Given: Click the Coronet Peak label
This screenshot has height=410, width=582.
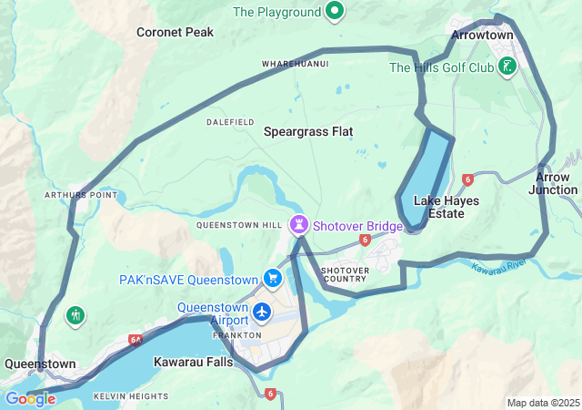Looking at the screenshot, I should click(x=175, y=32).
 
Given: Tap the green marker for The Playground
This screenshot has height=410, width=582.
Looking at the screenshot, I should click(x=335, y=12).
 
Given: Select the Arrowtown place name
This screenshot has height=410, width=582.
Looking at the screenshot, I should click(x=482, y=36).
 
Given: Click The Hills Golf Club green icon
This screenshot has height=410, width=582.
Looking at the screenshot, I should click(x=507, y=67).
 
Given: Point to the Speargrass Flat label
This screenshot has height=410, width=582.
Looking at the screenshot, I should click(x=308, y=131).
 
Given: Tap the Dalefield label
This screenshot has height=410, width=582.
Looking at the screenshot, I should click(x=230, y=121).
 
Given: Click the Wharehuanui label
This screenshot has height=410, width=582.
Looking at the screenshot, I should click(x=295, y=64).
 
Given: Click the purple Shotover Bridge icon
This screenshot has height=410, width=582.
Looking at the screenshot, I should click(x=298, y=223).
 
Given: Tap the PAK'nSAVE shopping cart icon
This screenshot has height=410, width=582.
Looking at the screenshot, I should click(x=272, y=278).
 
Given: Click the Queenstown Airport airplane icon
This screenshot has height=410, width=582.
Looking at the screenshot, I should click(x=263, y=313).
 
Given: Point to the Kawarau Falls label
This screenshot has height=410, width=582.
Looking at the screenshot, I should click(x=193, y=362).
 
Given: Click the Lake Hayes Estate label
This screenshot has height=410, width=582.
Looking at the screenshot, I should click(x=439, y=207).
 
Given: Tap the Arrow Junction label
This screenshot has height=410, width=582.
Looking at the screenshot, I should click(x=554, y=183).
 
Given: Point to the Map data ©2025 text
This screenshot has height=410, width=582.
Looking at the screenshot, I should click(x=542, y=403).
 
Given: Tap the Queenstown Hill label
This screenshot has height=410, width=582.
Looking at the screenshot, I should click(x=238, y=224).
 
